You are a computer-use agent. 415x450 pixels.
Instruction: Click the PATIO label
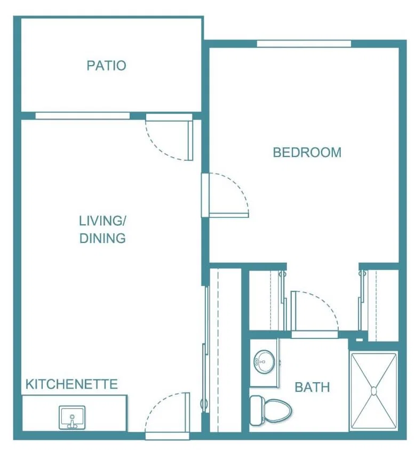pyautogui.click(x=106, y=66)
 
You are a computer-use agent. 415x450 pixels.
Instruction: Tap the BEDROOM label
pyautogui.click(x=307, y=152)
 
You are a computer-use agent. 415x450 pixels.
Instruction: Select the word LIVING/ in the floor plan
pyautogui.click(x=102, y=220)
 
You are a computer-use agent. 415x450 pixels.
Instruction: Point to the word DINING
pyautogui.click(x=102, y=238)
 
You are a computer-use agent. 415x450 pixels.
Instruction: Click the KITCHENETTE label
pyautogui.click(x=71, y=384)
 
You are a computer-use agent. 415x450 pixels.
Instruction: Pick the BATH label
pyautogui.click(x=313, y=387)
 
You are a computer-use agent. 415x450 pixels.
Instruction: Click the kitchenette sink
pyautogui.click(x=72, y=417)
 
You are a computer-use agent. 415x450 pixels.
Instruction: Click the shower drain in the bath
pyautogui.click(x=374, y=391)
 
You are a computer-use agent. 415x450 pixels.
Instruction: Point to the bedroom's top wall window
pyautogui.click(x=304, y=44)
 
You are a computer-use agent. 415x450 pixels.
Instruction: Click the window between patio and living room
pyautogui.click(x=83, y=116)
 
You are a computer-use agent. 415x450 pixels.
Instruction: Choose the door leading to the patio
pyautogui.click(x=169, y=137)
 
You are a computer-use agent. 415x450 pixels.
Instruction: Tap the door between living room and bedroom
pyautogui.click(x=225, y=195)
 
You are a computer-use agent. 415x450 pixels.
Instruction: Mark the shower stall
pyautogui.click(x=374, y=391)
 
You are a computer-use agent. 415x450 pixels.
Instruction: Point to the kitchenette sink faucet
pyautogui.click(x=72, y=422)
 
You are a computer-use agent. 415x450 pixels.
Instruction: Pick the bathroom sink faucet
pyautogui.click(x=260, y=361)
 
